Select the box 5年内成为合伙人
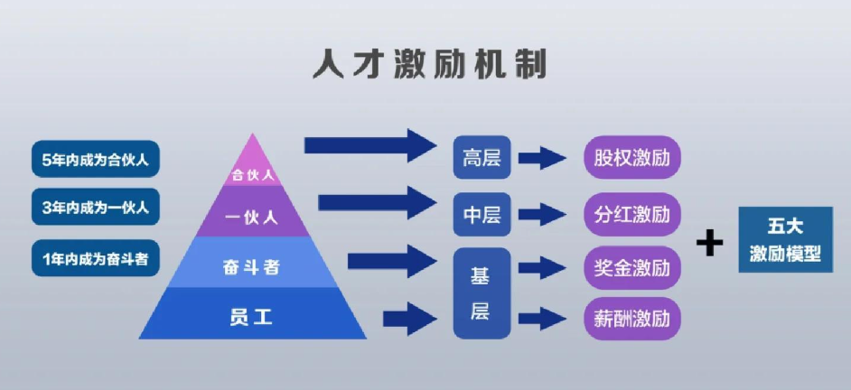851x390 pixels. coord(95,160)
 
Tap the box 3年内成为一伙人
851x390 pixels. coord(95,208)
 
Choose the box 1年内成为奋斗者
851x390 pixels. coord(95,260)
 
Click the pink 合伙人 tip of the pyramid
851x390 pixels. coord(253,168)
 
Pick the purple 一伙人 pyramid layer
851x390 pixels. coord(253,217)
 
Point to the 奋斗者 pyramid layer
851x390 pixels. coord(253,266)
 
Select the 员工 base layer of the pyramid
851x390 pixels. coord(253,316)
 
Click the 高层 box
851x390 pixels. coord(482,159)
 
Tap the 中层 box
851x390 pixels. coord(482,215)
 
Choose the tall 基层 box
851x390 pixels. coord(482,292)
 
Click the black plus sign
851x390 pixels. coord(710,242)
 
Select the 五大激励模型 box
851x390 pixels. coord(784,239)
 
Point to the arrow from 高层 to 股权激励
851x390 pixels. coord(542,159)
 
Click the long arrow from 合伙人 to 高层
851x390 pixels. coord(370,144)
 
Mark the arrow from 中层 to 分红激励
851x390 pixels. coord(542,215)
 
